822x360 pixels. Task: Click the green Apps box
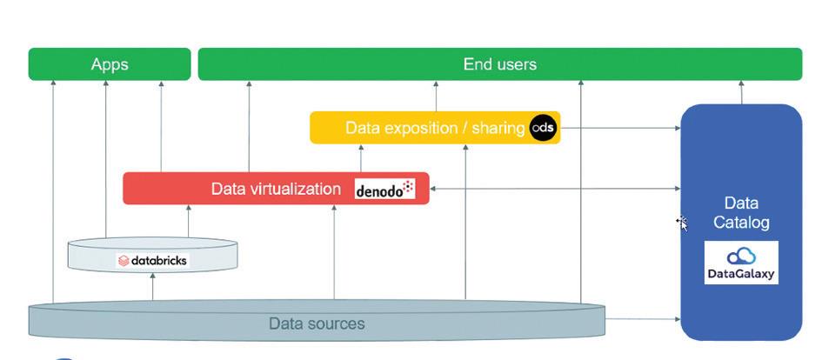tap(109, 64)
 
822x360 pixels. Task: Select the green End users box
tap(499, 64)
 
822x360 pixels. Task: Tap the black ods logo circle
tap(543, 128)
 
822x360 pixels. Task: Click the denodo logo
tap(384, 189)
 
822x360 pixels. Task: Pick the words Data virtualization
tap(276, 189)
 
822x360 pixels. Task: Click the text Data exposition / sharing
tap(435, 128)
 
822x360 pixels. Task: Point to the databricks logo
tap(152, 260)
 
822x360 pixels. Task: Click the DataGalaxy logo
tap(741, 263)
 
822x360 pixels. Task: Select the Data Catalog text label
tap(741, 212)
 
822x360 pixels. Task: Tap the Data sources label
tap(317, 323)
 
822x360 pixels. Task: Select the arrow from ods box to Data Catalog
tap(620, 128)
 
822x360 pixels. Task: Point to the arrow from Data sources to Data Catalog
tap(643, 320)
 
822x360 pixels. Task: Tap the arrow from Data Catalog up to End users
tap(741, 92)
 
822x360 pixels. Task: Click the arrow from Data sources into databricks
tap(152, 286)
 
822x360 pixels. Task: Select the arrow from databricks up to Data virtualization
tap(188, 221)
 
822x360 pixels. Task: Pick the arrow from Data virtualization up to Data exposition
tap(361, 157)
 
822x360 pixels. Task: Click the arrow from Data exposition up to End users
tap(436, 96)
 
